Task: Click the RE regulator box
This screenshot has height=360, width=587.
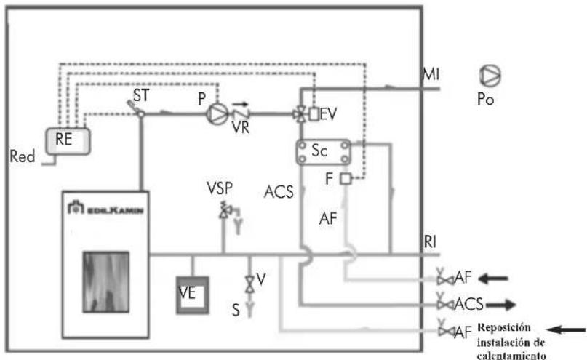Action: point(68,141)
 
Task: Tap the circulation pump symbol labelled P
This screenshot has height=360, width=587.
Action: point(217,113)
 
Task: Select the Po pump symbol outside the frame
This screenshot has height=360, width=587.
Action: point(490,75)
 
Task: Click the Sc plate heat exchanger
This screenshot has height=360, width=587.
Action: point(324,152)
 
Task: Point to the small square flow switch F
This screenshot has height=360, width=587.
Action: point(346,179)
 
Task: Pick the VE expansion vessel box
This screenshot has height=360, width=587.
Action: point(193,295)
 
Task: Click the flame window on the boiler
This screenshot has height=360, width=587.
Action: point(106,282)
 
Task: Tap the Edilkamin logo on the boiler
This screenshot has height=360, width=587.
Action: point(105,208)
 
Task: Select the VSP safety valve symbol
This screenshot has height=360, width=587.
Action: point(225,211)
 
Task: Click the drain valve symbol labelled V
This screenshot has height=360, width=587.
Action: point(249,284)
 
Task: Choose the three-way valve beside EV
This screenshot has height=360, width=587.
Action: point(300,114)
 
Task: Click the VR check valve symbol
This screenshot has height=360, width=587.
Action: point(241,113)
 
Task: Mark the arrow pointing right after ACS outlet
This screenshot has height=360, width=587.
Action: point(500,305)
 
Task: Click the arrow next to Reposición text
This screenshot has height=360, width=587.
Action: point(566,329)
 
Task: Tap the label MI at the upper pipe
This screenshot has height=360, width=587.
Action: point(431,74)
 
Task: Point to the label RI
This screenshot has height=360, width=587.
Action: point(430,241)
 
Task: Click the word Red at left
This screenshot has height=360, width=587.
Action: point(23,156)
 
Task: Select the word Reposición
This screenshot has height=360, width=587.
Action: point(504,328)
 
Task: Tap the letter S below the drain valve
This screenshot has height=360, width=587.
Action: point(236,310)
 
